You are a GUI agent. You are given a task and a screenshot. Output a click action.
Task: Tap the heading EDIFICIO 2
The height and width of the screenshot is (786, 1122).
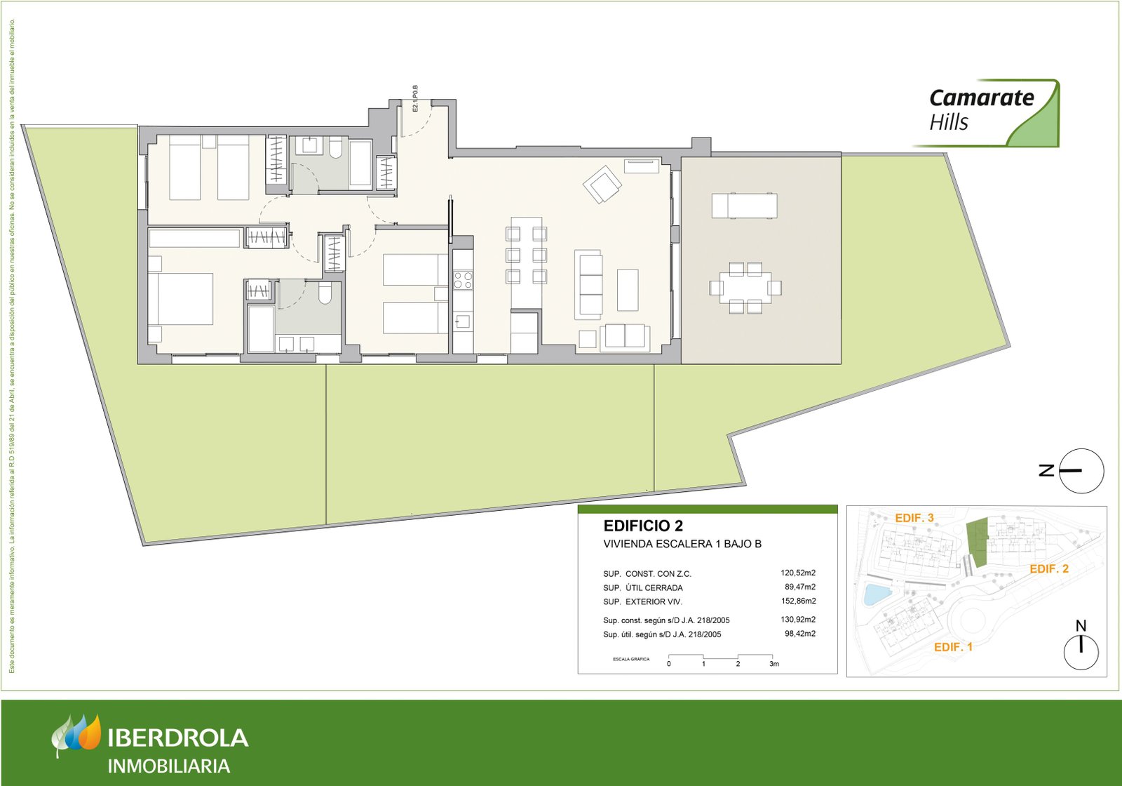pyautogui.click(x=643, y=526)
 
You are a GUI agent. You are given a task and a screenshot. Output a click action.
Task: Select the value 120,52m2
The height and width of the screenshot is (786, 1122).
pyautogui.click(x=798, y=573)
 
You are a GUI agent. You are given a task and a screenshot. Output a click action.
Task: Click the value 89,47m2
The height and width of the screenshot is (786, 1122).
pyautogui.click(x=799, y=587)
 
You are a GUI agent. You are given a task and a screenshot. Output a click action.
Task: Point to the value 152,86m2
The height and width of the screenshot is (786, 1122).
pyautogui.click(x=798, y=601)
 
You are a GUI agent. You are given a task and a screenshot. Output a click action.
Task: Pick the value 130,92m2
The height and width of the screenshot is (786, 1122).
pyautogui.click(x=798, y=620)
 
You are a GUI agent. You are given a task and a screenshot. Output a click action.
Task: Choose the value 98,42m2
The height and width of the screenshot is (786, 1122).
pyautogui.click(x=799, y=634)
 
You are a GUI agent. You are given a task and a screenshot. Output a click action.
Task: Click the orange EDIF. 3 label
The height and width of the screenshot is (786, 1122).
pyautogui.click(x=914, y=518)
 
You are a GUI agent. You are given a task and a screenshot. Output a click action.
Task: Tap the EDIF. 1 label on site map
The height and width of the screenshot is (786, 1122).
pyautogui.click(x=953, y=647)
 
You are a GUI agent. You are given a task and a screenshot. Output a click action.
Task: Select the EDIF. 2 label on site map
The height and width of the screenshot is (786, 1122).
pyautogui.click(x=1049, y=569)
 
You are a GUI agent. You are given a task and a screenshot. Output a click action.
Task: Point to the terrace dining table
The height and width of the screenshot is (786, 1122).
pyautogui.click(x=745, y=288)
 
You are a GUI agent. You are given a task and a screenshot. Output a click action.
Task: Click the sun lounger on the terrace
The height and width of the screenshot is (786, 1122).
pyautogui.click(x=744, y=206)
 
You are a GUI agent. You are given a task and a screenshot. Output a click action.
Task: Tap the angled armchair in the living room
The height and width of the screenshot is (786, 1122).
pyautogui.click(x=602, y=185)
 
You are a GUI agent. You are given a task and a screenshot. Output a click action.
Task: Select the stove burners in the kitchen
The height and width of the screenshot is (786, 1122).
pyautogui.click(x=463, y=280)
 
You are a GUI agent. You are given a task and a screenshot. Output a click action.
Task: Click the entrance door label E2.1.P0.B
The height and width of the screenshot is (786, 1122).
pyautogui.click(x=415, y=99)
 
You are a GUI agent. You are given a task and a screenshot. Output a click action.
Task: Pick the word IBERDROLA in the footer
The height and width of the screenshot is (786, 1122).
pyautogui.click(x=178, y=738)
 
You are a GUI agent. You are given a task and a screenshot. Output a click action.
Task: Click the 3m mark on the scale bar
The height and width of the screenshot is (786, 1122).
pyautogui.click(x=773, y=664)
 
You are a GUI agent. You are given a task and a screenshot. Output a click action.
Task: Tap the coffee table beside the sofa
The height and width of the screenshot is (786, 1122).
pyautogui.click(x=628, y=290)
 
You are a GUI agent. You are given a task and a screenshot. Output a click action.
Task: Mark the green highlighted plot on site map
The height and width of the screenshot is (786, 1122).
pyautogui.click(x=977, y=543)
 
